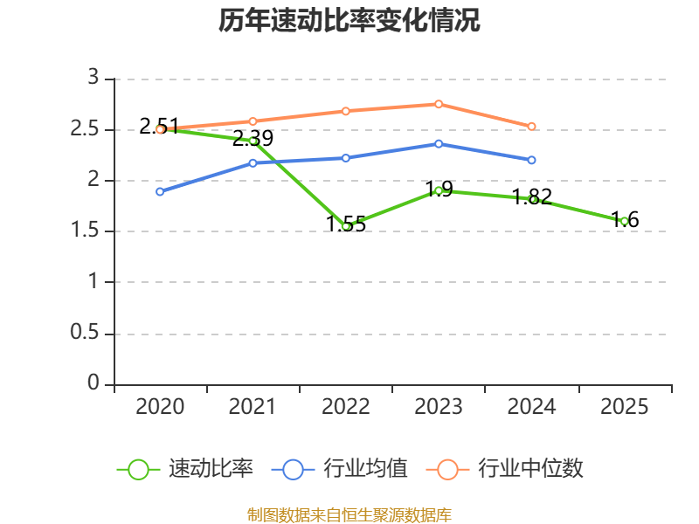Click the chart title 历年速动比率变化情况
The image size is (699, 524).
(349, 20)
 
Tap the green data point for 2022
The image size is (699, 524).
(346, 226)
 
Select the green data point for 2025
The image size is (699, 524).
(625, 222)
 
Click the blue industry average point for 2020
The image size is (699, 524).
(160, 191)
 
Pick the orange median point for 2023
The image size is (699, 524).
(439, 104)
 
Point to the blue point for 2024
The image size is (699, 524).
(531, 160)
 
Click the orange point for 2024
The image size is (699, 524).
(531, 127)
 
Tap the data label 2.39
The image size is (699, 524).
(253, 138)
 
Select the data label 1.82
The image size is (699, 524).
(532, 197)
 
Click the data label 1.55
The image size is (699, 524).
(346, 224)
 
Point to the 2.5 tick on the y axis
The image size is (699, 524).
(84, 128)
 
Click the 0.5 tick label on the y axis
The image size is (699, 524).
(84, 332)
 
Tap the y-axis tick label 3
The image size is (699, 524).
(93, 77)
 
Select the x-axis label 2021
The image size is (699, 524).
(253, 406)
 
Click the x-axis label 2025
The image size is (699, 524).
(624, 406)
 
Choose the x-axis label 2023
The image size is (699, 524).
(439, 406)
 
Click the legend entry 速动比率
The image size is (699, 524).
(184, 469)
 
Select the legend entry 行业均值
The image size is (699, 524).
(339, 469)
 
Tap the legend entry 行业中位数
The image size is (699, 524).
(505, 469)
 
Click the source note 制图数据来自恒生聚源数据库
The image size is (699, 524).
(349, 515)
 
